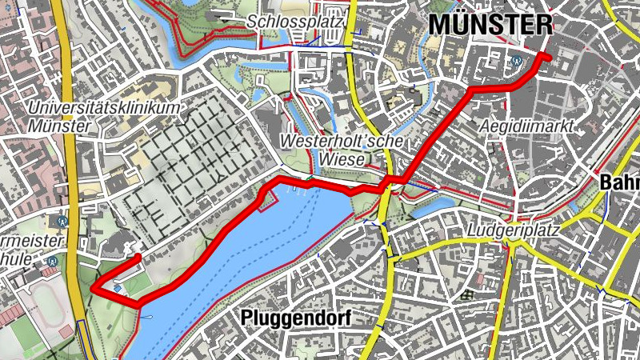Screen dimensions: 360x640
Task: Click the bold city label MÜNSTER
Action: [x=490, y=23]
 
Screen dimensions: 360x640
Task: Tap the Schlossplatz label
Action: [x=295, y=21]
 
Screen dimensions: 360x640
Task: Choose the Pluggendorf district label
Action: [x=295, y=318]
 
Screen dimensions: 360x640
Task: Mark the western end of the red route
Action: [x=138, y=257]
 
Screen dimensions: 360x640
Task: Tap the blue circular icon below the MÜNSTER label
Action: [x=518, y=59]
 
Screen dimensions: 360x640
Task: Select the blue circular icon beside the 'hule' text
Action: [x=52, y=260]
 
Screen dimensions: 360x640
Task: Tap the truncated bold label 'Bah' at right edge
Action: [x=620, y=182]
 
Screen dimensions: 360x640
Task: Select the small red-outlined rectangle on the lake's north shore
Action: [x=266, y=201]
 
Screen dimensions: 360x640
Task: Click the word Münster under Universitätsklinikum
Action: [x=58, y=126]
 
